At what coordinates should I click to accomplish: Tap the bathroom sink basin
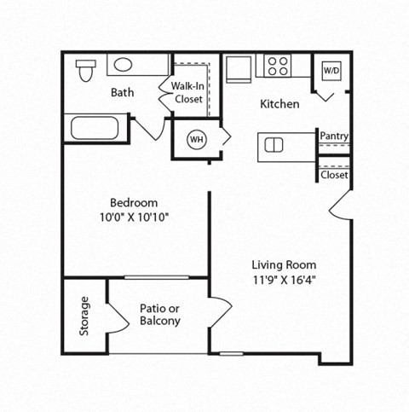tap(124, 65)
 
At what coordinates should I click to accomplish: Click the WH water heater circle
tap(196, 138)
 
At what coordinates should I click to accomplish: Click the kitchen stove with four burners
tap(277, 66)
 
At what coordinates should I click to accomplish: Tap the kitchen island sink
tap(274, 144)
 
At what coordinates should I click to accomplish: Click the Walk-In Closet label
tap(187, 93)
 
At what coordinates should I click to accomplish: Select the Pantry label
tap(333, 136)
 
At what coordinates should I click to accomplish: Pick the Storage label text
tap(84, 316)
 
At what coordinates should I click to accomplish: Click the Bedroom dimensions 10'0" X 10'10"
tap(134, 218)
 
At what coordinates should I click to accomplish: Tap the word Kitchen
tap(279, 104)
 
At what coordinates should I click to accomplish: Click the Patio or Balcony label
tap(159, 315)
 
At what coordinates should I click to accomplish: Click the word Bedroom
tap(134, 203)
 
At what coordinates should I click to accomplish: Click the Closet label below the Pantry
tap(333, 175)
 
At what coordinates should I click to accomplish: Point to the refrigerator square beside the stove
tap(238, 67)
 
